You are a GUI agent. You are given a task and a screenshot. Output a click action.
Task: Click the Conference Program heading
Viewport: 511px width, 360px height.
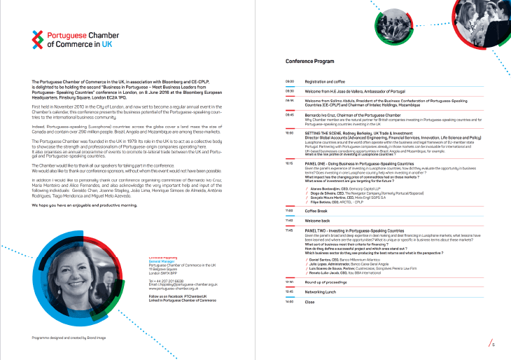coord(310,62)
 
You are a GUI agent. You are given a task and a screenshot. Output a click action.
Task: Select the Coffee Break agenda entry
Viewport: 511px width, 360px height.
coord(318,210)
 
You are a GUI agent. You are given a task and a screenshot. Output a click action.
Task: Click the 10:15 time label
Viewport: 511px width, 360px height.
coord(290,162)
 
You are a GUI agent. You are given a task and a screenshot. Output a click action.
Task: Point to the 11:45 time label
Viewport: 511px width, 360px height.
coord(290,229)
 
